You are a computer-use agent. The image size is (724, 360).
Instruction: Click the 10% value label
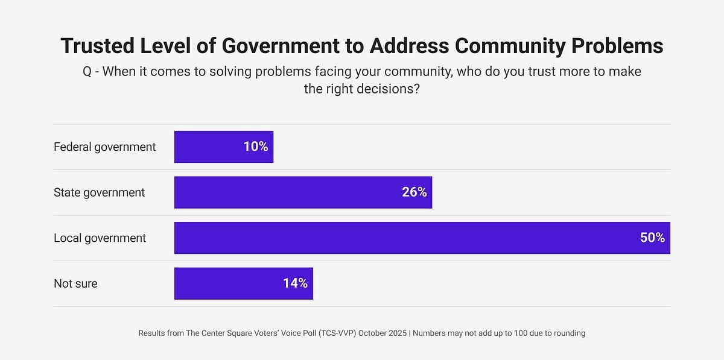pos(256,147)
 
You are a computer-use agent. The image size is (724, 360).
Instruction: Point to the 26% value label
pos(414,192)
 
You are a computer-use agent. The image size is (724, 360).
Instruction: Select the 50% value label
pos(652,238)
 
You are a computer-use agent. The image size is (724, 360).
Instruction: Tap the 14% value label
pos(296,283)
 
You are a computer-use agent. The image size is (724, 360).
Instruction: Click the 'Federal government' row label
pos(105,147)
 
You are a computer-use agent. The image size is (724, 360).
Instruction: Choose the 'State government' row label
pos(100,192)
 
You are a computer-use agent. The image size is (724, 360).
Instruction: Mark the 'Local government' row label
pos(100,238)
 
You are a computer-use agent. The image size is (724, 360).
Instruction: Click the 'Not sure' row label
pos(75,283)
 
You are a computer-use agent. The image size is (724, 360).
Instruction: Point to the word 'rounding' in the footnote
pos(567,333)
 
